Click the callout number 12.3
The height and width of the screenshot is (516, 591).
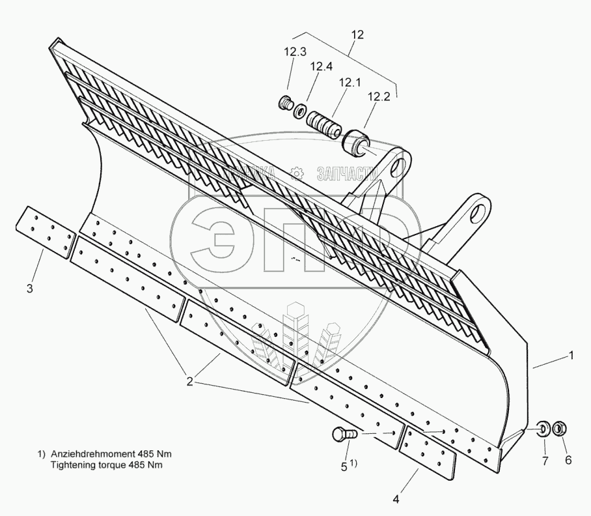coord(295,52)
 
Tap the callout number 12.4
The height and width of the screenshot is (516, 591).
coord(322,66)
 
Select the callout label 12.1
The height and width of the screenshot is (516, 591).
coord(349,83)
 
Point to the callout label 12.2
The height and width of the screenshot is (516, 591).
coord(378,96)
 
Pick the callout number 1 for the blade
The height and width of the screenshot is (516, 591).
coord(571,356)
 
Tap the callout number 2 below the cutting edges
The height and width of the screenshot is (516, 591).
coord(190,382)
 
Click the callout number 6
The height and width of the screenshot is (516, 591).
coord(568,460)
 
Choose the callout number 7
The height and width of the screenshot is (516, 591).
coord(545,460)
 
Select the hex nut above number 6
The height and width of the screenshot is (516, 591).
coord(558,429)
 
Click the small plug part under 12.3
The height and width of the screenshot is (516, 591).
coord(284,103)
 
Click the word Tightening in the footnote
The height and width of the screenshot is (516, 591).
coord(71,465)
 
